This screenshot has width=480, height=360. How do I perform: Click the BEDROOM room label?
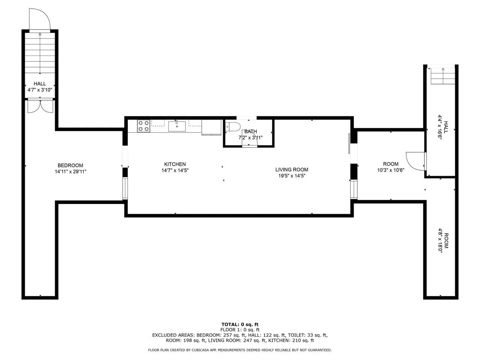click(x=70, y=165)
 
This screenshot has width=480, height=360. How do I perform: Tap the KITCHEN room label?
click(x=175, y=164)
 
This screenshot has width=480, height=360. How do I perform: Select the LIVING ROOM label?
click(x=292, y=169)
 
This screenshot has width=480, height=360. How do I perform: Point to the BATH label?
click(x=250, y=131)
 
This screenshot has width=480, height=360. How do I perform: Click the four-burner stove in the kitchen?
click(x=144, y=126)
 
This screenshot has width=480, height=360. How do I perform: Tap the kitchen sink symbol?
click(x=177, y=126)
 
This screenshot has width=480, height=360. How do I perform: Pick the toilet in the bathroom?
click(x=233, y=127)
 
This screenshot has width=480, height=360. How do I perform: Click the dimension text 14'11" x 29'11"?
click(x=70, y=172)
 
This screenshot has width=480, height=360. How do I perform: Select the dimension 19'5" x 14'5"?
click(x=292, y=175)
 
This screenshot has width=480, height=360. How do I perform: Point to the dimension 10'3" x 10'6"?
click(x=390, y=170)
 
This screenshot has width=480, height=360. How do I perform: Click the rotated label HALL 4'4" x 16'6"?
click(x=443, y=130)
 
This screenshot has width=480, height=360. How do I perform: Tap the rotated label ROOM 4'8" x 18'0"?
click(x=443, y=240)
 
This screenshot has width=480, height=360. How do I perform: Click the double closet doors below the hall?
click(x=40, y=106)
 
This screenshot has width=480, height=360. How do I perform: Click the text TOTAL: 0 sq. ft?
click(x=240, y=324)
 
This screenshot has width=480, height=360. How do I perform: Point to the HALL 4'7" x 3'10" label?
click(x=40, y=87)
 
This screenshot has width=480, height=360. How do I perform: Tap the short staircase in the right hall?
click(x=443, y=76)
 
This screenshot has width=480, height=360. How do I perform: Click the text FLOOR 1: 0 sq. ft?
click(x=240, y=330)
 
